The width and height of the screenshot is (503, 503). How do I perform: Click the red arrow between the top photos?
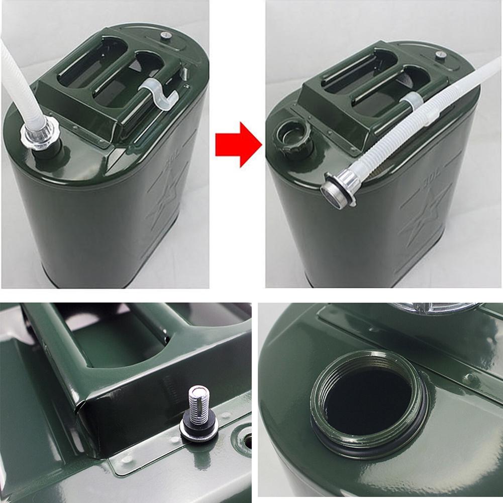(x=238, y=144)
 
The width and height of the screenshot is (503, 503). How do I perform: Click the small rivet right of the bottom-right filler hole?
(x=470, y=378)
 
